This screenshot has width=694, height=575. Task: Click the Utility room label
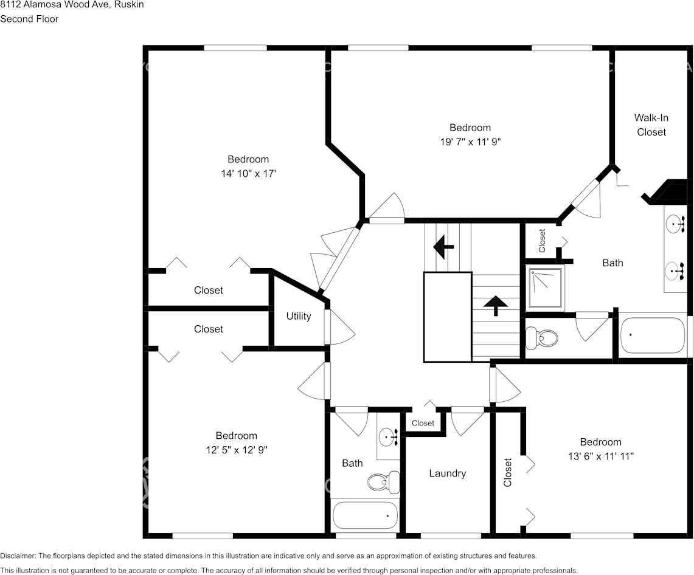coord(299,316)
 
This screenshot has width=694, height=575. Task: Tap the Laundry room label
coord(447,473)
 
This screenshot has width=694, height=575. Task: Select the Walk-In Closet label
coord(651,125)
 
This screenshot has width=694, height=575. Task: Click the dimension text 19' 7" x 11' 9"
coord(470,142)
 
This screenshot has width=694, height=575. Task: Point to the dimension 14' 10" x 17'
coord(248,173)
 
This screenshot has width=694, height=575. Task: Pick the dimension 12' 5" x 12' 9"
coord(236,450)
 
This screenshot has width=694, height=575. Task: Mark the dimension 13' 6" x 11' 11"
coord(600,456)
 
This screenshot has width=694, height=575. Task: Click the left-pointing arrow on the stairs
coord(443,247)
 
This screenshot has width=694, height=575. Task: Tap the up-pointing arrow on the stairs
coord(496,305)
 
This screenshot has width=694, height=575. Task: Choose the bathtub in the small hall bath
coord(365,515)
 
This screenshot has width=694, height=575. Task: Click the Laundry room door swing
coord(467,423)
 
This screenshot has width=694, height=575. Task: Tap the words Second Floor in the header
coord(29,19)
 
